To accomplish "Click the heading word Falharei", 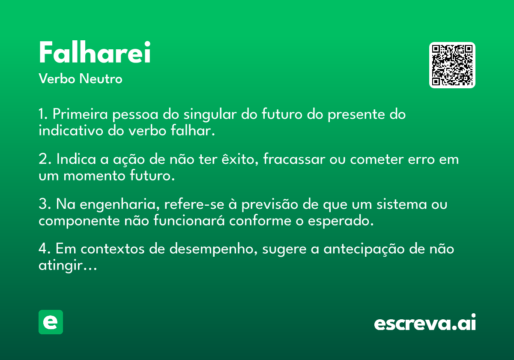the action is [95, 52].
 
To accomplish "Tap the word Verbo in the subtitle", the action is [57, 78].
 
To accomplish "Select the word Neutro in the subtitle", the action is [101, 78].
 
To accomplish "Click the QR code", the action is [452, 65].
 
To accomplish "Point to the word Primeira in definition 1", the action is [80, 114].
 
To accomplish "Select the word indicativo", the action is [71, 130].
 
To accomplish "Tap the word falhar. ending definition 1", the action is [193, 130].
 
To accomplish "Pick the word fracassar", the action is [294, 159].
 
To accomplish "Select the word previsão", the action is [269, 204].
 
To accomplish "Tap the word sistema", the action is [402, 204].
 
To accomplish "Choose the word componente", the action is [79, 221].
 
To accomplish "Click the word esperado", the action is [341, 221].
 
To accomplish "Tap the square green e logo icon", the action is [51, 322].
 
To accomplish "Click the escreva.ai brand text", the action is [425, 322].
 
